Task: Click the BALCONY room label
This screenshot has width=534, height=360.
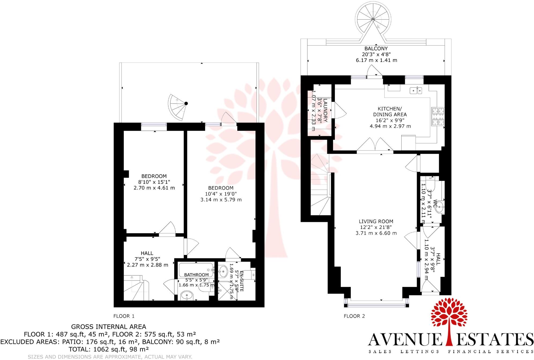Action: click(376, 48)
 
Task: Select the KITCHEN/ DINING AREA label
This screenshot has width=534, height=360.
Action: click(390, 111)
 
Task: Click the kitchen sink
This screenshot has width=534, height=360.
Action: click(416, 91)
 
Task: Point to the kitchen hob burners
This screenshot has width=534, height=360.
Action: click(437, 117)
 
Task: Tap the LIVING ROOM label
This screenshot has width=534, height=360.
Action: click(376, 221)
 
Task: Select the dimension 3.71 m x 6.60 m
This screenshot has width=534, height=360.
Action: click(376, 233)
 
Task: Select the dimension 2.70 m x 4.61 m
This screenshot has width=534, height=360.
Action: click(154, 188)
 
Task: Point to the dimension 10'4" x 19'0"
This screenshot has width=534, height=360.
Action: click(221, 194)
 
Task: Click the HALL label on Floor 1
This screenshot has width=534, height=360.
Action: click(147, 253)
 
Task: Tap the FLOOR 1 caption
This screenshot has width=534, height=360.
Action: click(124, 316)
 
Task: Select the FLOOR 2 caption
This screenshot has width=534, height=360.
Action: click(354, 316)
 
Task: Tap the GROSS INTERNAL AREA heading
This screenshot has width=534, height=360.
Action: click(109, 327)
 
